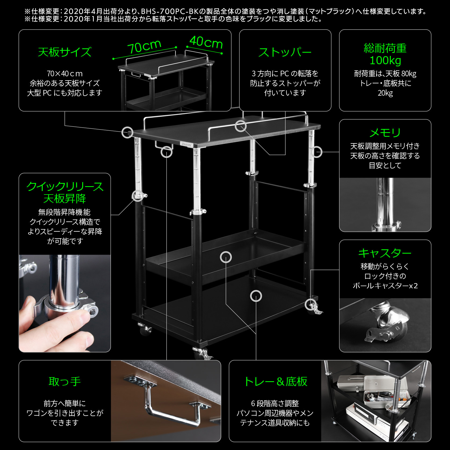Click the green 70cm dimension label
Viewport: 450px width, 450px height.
(144, 47)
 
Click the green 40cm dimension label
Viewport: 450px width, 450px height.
(206, 42)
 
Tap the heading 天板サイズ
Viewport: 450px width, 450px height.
(64, 52)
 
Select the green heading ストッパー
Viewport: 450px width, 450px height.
(285, 52)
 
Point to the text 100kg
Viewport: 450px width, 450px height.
(385, 60)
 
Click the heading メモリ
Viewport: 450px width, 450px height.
(385, 133)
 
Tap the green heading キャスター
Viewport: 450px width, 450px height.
(385, 253)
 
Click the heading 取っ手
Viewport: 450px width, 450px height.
(64, 381)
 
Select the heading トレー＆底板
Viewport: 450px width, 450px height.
(275, 381)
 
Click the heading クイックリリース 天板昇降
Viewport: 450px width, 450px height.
(64, 192)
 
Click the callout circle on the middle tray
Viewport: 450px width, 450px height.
(226, 257)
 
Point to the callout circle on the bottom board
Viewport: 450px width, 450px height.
(256, 296)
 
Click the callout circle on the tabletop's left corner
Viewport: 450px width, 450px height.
(127, 132)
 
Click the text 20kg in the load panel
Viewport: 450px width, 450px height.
(385, 93)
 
